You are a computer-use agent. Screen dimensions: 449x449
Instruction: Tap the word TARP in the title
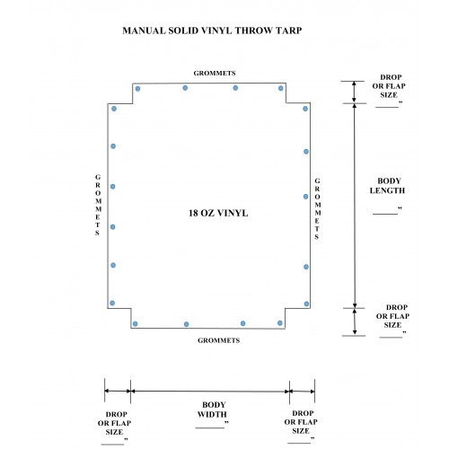point(288,31)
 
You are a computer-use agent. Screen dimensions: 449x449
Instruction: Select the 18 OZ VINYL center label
point(218,213)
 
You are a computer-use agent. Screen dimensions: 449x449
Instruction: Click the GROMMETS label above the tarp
point(215,73)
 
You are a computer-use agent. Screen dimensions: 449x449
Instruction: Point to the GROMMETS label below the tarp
point(219,340)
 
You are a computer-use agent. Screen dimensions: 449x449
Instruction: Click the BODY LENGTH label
point(388,186)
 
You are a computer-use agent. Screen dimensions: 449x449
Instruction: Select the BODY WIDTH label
point(212,409)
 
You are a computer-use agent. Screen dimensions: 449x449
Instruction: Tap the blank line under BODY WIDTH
point(210,427)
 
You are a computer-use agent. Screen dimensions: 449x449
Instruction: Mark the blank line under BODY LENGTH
point(385,214)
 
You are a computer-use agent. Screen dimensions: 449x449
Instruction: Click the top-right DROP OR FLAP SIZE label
point(389,86)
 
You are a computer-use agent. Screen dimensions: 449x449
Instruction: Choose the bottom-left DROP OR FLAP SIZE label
point(115,423)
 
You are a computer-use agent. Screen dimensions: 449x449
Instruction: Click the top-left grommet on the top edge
point(137,89)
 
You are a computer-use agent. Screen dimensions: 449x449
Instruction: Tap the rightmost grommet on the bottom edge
point(280,323)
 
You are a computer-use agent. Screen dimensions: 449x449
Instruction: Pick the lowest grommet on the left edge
point(112,303)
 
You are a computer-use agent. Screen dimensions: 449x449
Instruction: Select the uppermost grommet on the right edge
point(305,109)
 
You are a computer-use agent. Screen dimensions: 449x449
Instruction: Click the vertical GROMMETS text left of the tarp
point(98,205)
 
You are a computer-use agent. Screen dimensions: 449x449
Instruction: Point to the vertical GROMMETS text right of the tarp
point(317,208)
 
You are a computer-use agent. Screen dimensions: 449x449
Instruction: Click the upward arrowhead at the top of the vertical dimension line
point(355,84)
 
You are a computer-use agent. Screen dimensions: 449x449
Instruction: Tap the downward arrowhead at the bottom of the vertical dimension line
point(355,331)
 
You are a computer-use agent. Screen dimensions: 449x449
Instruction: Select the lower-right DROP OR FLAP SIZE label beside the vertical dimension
point(393,316)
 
